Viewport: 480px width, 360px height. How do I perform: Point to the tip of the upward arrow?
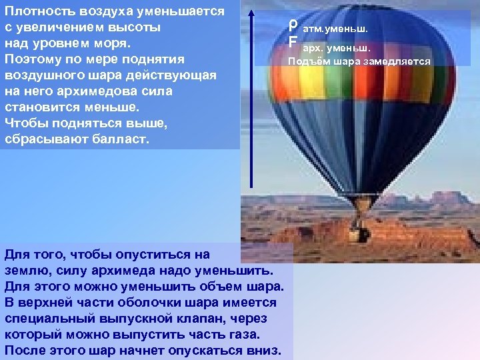pos(251,15)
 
